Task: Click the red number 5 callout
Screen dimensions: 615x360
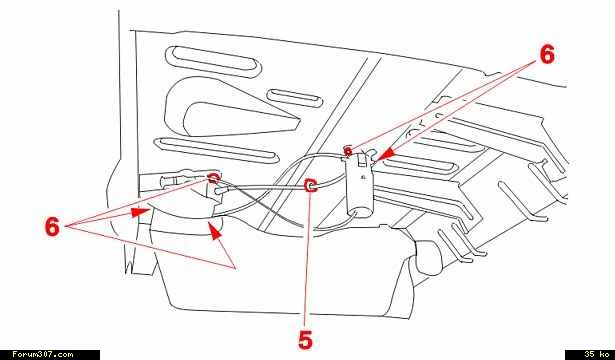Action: click(x=306, y=339)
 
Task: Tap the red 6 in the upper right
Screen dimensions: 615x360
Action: click(x=547, y=54)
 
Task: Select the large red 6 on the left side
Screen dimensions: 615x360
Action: click(x=52, y=226)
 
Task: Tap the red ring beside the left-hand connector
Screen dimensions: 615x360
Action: click(x=213, y=178)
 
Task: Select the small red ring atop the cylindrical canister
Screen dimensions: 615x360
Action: click(x=348, y=150)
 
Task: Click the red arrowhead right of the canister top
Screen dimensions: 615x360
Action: click(x=387, y=155)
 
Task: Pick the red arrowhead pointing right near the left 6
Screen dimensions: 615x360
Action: click(x=140, y=212)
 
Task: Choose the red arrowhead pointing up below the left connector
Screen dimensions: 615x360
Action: click(x=214, y=231)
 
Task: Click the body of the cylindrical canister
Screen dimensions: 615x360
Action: click(x=360, y=184)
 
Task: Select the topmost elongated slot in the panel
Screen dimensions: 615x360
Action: click(x=214, y=61)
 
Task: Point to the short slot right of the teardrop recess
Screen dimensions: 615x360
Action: click(x=295, y=98)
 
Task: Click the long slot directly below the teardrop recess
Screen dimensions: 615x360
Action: click(x=217, y=149)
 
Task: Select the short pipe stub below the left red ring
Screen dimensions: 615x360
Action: click(x=221, y=190)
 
